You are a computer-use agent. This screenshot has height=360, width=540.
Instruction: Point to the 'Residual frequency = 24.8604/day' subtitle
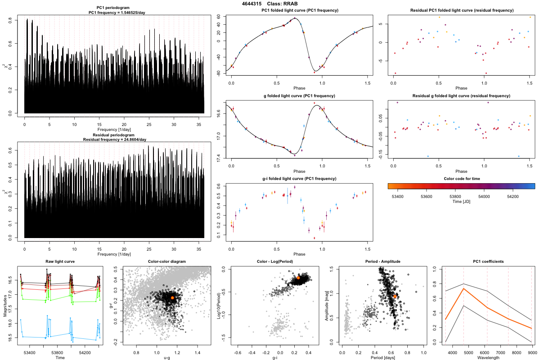115,139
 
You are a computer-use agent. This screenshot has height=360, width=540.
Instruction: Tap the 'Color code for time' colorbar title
461,179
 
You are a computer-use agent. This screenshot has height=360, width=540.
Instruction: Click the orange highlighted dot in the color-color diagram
172,298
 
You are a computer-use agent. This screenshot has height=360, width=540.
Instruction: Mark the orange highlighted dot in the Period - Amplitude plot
395,297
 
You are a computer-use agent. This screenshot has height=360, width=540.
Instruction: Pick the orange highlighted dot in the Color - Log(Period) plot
298,278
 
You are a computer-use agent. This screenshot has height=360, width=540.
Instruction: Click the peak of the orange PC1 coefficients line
463,288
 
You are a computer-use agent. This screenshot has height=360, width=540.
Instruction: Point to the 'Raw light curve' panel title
60,261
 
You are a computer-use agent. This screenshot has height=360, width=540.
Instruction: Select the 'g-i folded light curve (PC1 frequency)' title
299,179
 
